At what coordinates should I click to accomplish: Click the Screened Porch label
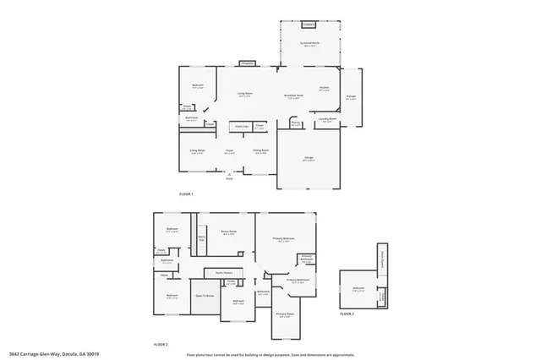pyautogui.click(x=309, y=43)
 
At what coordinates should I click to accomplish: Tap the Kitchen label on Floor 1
pyautogui.click(x=324, y=88)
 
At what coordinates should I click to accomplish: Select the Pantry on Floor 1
pyautogui.click(x=297, y=123)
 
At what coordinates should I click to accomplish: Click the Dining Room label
pyautogui.click(x=261, y=151)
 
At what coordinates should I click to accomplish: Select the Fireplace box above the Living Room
pyautogui.click(x=247, y=63)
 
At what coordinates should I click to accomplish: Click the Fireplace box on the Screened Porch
pyautogui.click(x=309, y=24)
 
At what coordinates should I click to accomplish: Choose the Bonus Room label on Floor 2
pyautogui.click(x=228, y=232)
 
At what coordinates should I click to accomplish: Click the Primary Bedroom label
pyautogui.click(x=283, y=239)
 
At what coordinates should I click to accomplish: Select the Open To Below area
pyautogui.click(x=205, y=296)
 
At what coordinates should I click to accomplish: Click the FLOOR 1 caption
pyautogui.click(x=186, y=194)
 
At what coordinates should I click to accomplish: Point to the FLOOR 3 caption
pyautogui.click(x=347, y=314)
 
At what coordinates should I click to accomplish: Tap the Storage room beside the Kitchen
pyautogui.click(x=351, y=97)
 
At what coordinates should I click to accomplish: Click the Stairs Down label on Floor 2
pyautogui.click(x=224, y=273)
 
